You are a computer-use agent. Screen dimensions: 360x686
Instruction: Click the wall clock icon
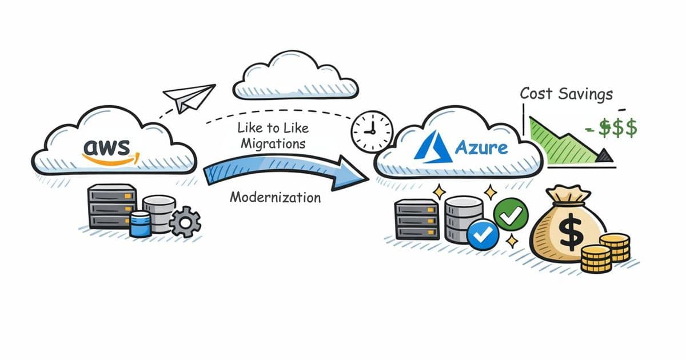click(x=372, y=131)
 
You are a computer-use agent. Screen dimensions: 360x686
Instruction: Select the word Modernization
click(x=275, y=198)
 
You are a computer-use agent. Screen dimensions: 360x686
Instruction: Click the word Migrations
click(x=273, y=144)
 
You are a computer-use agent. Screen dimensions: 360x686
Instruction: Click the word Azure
click(x=481, y=148)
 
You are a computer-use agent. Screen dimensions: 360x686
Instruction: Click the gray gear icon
click(x=185, y=222)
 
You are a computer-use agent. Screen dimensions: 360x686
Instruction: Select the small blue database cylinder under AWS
click(x=141, y=223)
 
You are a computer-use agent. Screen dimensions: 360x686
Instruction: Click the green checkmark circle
click(x=510, y=213)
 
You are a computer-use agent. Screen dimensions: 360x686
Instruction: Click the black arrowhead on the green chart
click(x=605, y=155)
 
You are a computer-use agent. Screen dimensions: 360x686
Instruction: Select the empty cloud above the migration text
click(x=296, y=76)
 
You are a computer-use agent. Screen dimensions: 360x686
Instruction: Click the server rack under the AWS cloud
click(x=112, y=206)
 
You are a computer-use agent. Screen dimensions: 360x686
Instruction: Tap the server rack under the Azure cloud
click(x=417, y=218)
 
